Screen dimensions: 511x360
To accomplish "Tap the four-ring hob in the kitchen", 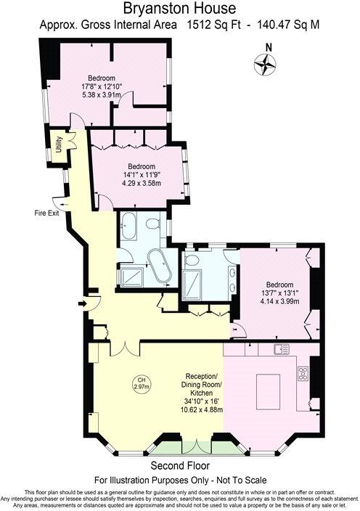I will coord(303,375).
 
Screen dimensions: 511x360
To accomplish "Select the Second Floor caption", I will coord(179,465).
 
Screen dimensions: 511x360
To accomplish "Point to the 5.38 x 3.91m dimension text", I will coord(102,95).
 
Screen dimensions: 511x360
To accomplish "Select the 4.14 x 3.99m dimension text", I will coord(279,301).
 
